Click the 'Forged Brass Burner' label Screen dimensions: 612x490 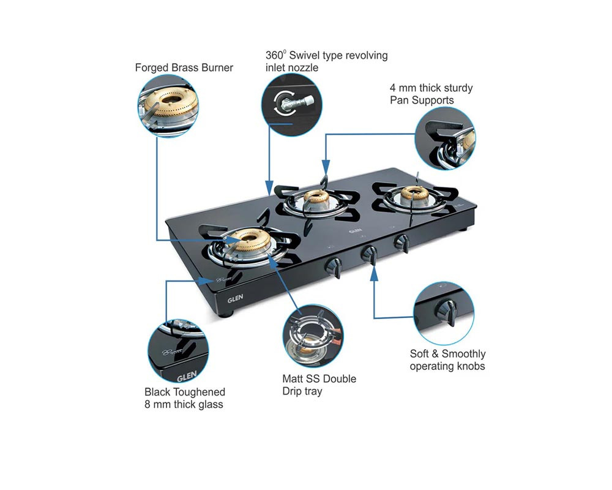tap(184, 67)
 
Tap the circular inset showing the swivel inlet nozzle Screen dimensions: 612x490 tap(291, 105)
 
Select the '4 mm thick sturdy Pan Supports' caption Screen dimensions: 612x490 tap(431, 94)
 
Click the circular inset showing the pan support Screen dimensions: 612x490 tap(445, 138)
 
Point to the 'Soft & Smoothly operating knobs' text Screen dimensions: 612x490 tap(447, 360)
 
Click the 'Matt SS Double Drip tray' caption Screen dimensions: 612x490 tap(319, 385)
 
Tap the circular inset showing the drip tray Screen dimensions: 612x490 tap(313, 336)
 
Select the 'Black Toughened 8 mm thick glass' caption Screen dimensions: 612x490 tap(185, 398)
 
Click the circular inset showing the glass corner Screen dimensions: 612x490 tap(178, 351)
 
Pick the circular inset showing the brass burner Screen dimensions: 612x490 tap(168, 106)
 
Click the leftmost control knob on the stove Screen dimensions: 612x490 tap(334, 266)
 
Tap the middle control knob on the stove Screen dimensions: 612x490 tap(369, 255)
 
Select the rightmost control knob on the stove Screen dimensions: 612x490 tap(401, 243)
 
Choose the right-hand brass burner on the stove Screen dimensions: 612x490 tap(414, 195)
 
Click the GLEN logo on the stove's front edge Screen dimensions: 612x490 tap(236, 299)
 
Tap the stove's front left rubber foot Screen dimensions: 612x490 tap(226, 314)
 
